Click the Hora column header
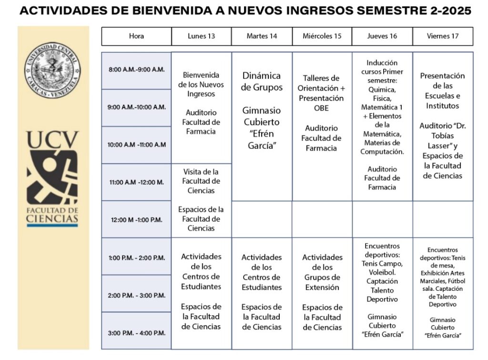(136, 36)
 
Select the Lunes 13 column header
(201, 36)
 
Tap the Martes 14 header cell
(262, 36)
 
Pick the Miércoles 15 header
(322, 36)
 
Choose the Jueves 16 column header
(382, 36)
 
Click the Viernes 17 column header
(443, 36)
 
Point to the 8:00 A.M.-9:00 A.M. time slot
(136, 70)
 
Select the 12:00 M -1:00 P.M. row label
(136, 220)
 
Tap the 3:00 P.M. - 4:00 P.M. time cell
(136, 333)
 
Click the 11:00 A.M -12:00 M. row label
(136, 182)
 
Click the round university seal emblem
(53, 70)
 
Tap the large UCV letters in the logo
(52, 140)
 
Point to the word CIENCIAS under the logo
(52, 218)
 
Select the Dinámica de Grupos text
(262, 81)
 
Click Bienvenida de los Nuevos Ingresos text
(201, 84)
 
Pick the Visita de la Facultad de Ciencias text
(201, 181)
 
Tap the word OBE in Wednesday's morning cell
(321, 108)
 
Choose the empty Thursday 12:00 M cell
(382, 219)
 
